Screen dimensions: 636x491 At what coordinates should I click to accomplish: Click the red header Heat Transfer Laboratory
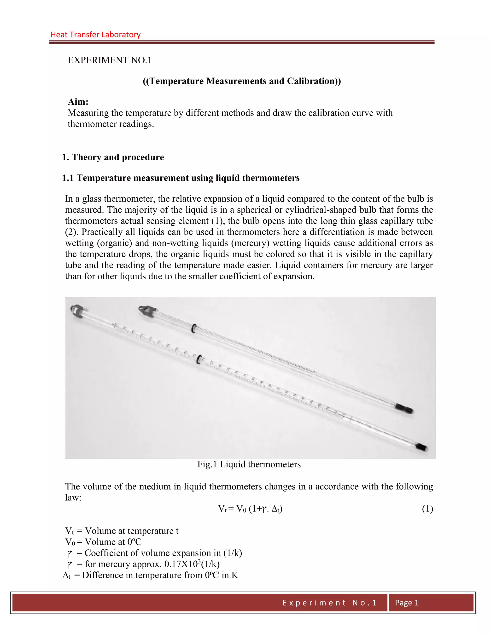[x=95, y=35]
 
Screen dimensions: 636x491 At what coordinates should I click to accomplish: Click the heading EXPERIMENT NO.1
[x=110, y=60]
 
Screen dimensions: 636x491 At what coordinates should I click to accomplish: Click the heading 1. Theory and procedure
[x=113, y=157]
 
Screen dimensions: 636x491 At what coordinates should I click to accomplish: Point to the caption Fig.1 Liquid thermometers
[x=249, y=464]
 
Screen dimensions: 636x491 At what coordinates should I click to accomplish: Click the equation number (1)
[x=427, y=509]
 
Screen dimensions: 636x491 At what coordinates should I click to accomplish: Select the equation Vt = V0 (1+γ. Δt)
[x=250, y=509]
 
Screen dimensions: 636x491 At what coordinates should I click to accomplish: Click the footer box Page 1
[x=406, y=602]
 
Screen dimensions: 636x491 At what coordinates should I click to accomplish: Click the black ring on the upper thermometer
[x=193, y=328]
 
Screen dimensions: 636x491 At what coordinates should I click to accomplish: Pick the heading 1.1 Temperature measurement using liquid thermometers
[x=181, y=178]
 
